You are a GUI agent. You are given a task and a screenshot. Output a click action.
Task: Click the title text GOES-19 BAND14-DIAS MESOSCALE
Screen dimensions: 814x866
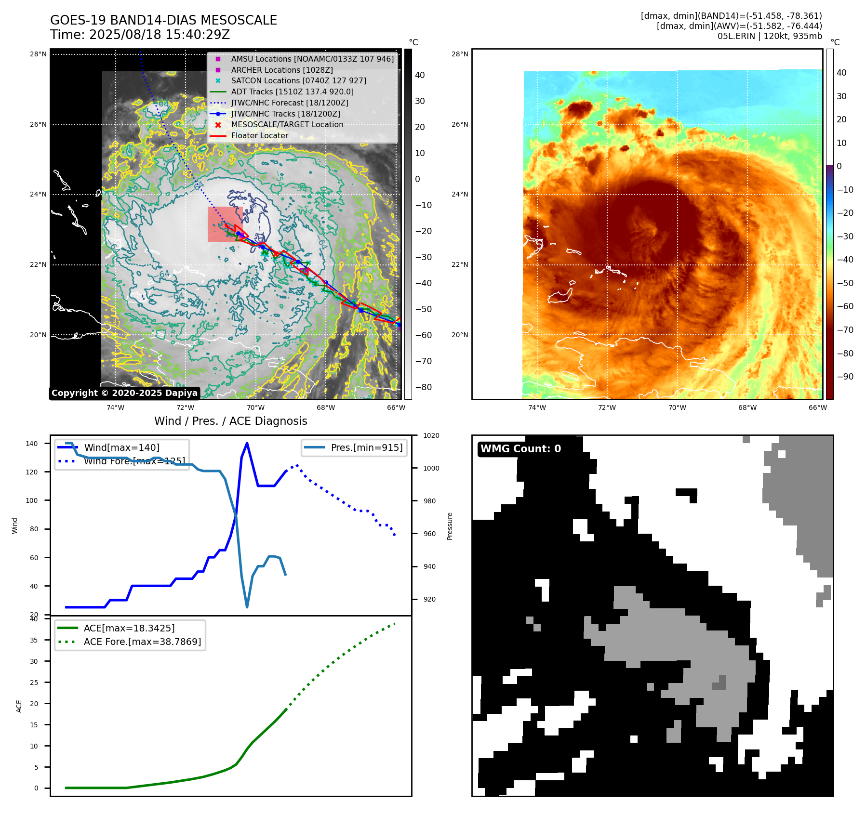(163, 20)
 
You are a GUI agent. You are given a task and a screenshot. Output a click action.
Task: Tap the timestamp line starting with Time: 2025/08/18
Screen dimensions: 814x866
(140, 35)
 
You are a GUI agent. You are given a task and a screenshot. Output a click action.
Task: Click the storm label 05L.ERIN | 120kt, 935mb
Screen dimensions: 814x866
(770, 36)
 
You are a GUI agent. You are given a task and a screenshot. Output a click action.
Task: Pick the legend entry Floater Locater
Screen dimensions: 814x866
(259, 135)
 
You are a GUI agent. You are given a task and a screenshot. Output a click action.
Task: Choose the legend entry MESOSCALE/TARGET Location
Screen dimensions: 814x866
(287, 124)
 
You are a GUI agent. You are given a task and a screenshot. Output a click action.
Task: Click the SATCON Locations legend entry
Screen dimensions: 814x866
(298, 80)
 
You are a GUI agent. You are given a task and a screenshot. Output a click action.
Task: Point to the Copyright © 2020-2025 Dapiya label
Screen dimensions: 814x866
(124, 393)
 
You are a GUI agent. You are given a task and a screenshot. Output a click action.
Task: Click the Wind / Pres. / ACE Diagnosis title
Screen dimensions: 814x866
(230, 421)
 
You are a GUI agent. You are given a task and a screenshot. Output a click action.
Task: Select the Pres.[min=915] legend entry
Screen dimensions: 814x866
(366, 447)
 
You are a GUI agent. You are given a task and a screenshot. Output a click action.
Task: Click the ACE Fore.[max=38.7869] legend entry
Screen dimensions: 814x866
(142, 642)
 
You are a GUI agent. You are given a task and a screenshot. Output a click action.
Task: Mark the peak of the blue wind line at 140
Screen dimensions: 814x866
(247, 443)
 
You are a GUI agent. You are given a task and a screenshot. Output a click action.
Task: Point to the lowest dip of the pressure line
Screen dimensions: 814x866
(247, 607)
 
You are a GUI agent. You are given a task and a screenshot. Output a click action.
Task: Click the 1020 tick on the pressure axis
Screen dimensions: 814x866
(431, 435)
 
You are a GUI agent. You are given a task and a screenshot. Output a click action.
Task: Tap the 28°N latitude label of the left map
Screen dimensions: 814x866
(38, 54)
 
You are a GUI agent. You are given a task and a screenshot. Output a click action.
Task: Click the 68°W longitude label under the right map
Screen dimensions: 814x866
(747, 407)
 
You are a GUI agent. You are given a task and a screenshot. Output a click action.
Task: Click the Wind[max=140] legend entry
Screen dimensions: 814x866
(121, 447)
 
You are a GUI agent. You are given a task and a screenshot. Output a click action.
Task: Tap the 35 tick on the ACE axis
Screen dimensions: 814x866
(34, 640)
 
